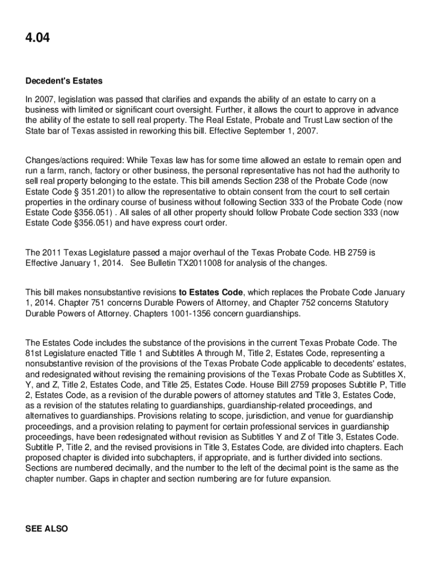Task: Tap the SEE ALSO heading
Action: [x=47, y=529]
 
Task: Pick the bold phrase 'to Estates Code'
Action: [x=211, y=293]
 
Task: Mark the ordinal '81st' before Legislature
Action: [x=35, y=353]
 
